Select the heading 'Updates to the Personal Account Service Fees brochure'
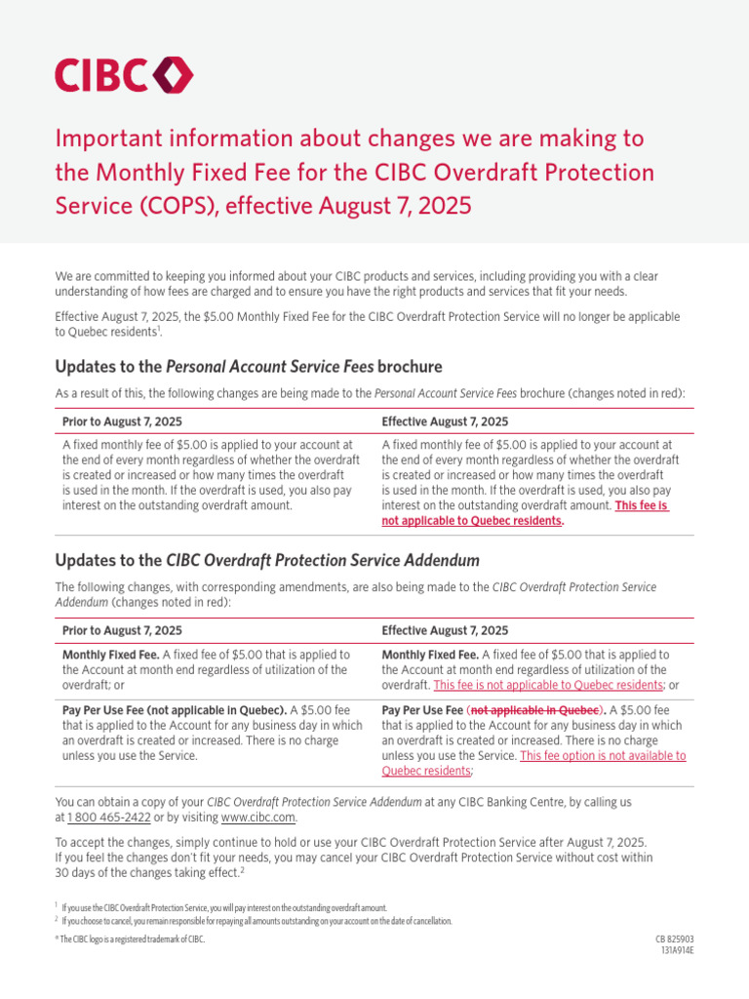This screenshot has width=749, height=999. coord(249,367)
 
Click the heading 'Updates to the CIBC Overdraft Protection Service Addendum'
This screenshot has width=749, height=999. coord(267,560)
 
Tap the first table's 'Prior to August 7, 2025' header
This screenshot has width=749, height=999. coord(122,421)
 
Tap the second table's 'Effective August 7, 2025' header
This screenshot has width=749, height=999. coord(445,631)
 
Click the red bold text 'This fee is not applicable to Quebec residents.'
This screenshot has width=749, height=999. coord(527,513)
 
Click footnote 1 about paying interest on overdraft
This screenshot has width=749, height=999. coord(224,907)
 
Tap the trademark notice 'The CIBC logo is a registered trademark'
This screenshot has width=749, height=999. coord(131,939)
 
